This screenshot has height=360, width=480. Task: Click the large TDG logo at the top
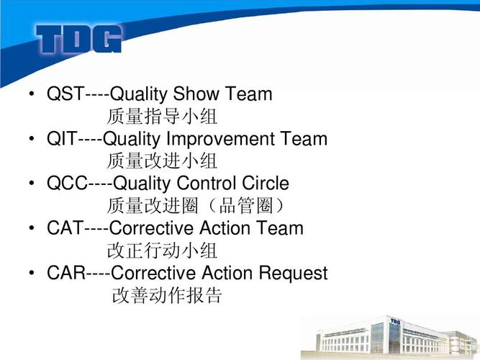(x=79, y=39)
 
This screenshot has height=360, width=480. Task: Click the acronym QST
(x=65, y=94)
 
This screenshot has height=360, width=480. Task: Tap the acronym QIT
(x=62, y=138)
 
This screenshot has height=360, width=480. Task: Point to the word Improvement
(x=220, y=140)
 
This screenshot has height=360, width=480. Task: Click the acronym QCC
(x=68, y=183)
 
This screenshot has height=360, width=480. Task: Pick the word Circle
(x=266, y=183)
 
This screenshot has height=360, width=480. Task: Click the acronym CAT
(x=65, y=228)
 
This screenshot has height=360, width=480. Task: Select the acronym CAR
(x=66, y=273)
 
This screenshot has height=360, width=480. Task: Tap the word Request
(x=294, y=274)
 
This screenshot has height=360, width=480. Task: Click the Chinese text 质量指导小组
(x=162, y=116)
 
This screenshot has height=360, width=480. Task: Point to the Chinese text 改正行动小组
(x=162, y=251)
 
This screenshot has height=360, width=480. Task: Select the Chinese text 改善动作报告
(x=167, y=295)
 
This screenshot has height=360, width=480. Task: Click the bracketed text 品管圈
(x=246, y=205)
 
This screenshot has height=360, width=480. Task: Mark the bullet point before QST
(x=32, y=94)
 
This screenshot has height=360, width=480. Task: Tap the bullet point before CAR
(x=32, y=273)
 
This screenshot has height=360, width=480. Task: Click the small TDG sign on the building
(x=395, y=321)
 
